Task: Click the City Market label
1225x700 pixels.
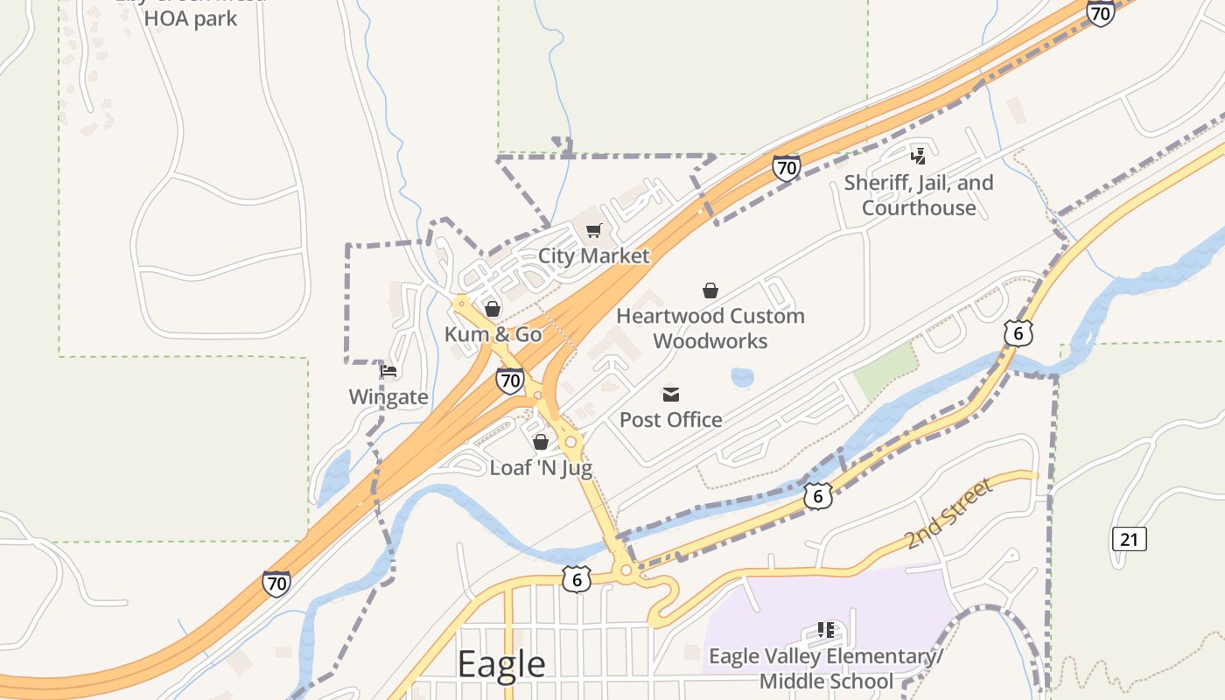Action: [593, 255]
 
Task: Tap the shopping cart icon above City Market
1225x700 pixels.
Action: [594, 231]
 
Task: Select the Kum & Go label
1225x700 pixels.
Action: [493, 334]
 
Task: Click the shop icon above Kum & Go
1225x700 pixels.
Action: [493, 309]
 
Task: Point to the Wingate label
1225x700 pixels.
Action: [388, 397]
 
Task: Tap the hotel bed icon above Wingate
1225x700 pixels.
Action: [388, 371]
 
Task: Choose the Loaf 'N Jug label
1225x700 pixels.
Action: [541, 467]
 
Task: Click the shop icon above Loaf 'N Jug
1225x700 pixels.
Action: [541, 442]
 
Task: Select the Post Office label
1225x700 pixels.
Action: [671, 420]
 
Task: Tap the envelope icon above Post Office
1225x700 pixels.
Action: [671, 395]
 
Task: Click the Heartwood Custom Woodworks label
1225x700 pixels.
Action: [710, 328]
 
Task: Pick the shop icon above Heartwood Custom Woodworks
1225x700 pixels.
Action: [710, 290]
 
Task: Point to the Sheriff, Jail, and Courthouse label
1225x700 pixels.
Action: [919, 195]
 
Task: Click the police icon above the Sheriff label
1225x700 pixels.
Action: [919, 157]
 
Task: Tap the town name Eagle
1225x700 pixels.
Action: [501, 665]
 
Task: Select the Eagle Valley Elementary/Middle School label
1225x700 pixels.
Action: [826, 668]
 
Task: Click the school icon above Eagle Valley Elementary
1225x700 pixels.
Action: [825, 629]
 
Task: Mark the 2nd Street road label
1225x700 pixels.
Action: [949, 514]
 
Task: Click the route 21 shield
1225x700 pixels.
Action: [1129, 539]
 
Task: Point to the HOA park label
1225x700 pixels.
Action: [191, 17]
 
